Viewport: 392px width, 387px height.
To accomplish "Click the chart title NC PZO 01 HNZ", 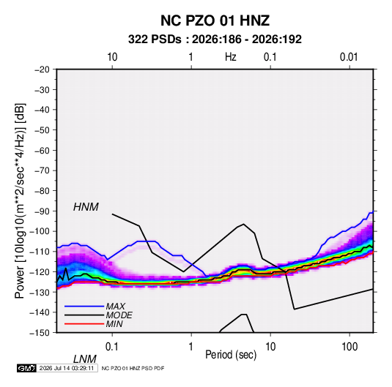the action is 215,20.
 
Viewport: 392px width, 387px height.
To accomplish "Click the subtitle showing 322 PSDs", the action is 215,40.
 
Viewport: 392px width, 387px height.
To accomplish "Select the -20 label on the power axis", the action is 42,69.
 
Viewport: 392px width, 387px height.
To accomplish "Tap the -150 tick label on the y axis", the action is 40,333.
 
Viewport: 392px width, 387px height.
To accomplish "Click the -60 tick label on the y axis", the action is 42,150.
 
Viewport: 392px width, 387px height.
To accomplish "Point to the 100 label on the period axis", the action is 350,347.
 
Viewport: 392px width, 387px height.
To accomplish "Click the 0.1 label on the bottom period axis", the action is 111,347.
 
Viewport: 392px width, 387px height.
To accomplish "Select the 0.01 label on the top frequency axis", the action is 349,57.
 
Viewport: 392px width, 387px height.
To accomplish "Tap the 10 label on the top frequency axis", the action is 112,57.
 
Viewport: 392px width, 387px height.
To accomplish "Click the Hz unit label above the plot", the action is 231,57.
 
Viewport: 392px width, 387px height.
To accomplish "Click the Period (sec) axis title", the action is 231,355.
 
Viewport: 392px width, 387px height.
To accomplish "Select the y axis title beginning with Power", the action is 20,201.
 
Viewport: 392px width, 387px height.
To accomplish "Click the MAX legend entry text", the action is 116,307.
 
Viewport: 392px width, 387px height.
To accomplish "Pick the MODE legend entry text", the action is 119,315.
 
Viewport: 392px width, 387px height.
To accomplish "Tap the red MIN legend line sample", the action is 84,324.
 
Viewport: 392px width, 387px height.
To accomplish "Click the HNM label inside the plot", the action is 86,207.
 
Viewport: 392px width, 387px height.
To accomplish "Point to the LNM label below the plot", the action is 84,359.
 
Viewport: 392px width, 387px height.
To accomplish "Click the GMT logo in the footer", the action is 27,368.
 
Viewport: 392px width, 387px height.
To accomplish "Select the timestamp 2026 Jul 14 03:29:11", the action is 67,368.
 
